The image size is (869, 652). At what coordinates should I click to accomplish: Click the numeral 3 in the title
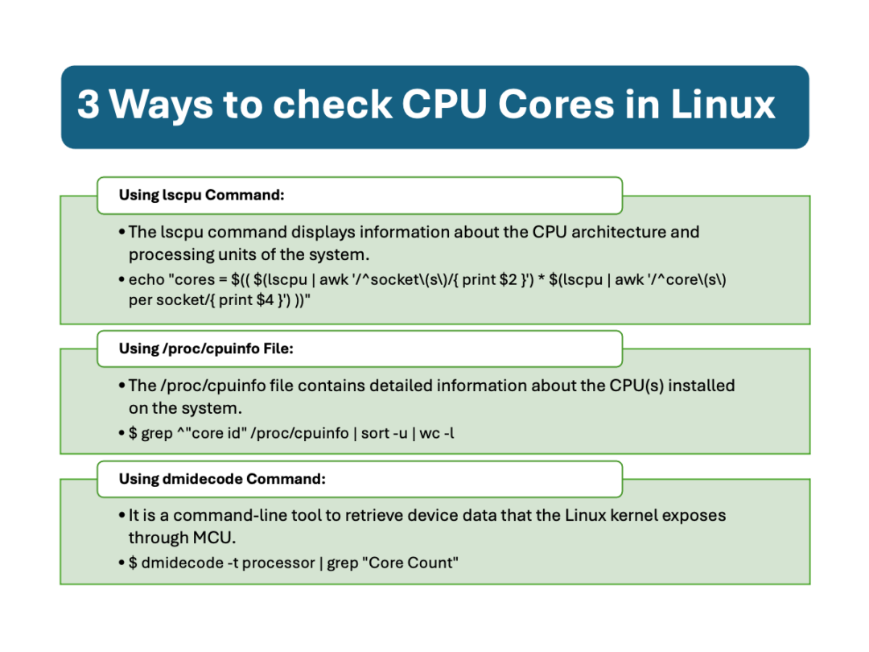tap(89, 104)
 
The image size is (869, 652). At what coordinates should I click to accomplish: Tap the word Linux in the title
tap(722, 104)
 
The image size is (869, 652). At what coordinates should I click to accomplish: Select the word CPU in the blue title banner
tap(444, 104)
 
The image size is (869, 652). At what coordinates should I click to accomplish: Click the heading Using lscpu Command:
tap(201, 195)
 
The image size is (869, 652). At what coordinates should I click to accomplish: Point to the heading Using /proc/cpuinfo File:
tap(206, 349)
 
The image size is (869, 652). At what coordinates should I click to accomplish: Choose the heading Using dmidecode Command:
tap(222, 479)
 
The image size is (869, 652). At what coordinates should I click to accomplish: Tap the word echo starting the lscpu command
tap(147, 279)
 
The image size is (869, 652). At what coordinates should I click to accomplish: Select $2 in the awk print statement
tap(508, 279)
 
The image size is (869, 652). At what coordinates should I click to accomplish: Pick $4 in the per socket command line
tap(266, 300)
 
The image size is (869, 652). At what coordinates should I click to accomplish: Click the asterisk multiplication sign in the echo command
tap(542, 279)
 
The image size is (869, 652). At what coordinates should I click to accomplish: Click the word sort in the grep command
tap(375, 433)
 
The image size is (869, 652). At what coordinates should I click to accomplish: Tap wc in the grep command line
tap(430, 434)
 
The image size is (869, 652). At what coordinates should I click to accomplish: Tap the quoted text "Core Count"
tap(410, 563)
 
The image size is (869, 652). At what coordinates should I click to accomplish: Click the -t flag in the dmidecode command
tap(233, 563)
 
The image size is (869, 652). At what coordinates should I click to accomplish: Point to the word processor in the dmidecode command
tap(278, 563)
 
